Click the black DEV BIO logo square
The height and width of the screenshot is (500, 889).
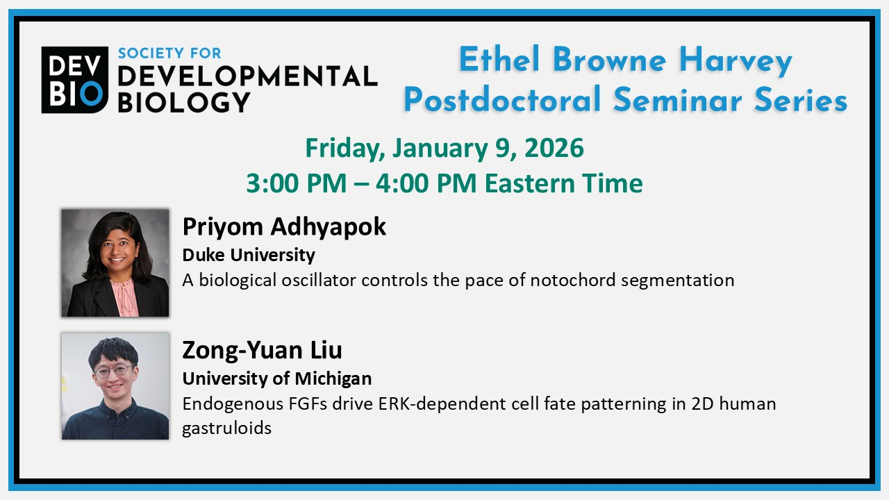click(x=74, y=80)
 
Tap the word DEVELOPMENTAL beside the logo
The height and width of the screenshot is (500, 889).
click(x=248, y=76)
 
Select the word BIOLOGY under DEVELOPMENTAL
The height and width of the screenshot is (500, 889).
click(x=184, y=102)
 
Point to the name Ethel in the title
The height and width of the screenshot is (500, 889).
click(x=499, y=60)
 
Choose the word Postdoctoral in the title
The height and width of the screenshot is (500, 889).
click(x=502, y=99)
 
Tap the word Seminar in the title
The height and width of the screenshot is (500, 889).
click(x=677, y=99)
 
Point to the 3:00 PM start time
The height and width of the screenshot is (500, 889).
click(x=297, y=183)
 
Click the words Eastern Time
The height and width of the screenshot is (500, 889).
click(x=563, y=183)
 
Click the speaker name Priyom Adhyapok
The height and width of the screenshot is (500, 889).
click(x=284, y=226)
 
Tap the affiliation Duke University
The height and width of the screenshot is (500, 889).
click(x=249, y=255)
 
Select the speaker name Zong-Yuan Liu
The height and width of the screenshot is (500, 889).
click(x=262, y=350)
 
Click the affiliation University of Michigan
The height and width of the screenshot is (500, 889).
click(x=277, y=378)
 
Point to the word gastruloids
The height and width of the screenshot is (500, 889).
click(x=226, y=428)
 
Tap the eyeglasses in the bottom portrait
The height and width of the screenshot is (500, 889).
click(x=113, y=371)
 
